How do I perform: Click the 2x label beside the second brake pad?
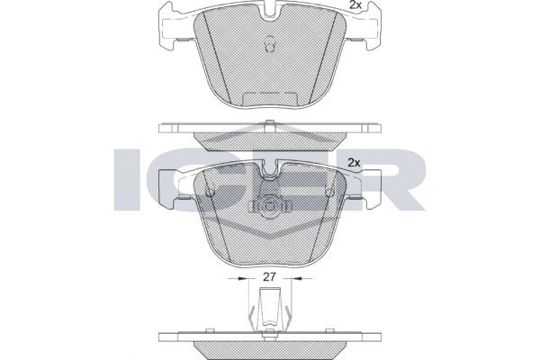(354, 162)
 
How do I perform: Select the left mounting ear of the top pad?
(169, 28)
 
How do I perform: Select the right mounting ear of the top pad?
(370, 28)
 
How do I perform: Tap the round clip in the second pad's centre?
(270, 206)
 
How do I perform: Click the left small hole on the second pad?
(209, 191)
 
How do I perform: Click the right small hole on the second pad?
(330, 191)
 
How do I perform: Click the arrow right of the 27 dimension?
(300, 281)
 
